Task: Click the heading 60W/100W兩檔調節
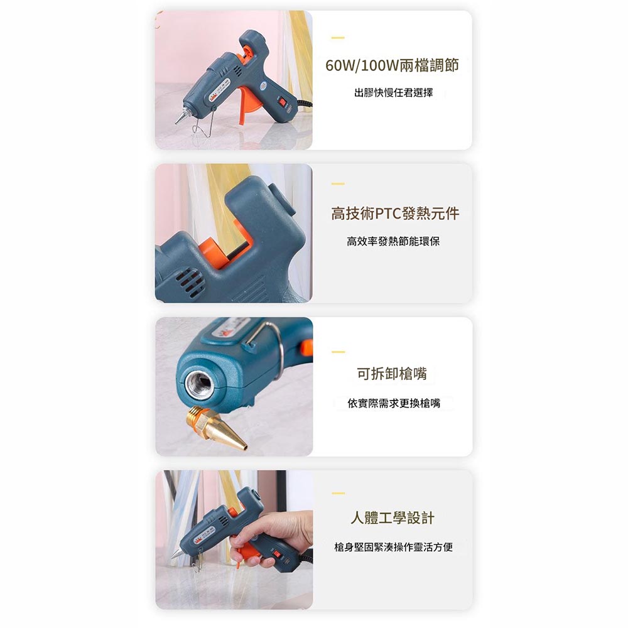392,65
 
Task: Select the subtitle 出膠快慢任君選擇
393,94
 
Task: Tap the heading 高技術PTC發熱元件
395,214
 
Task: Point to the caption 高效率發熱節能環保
393,241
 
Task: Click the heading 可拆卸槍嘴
392,374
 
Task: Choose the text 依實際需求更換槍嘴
394,403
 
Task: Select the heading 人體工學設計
392,518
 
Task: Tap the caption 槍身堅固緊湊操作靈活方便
393,548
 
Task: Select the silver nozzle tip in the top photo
181,116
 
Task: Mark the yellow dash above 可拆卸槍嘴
338,352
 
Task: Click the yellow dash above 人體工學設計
338,493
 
